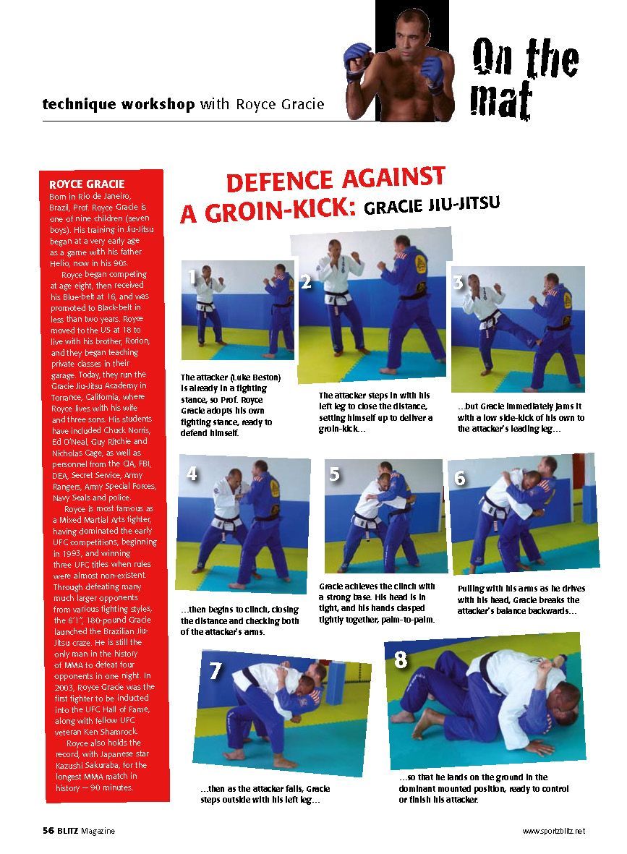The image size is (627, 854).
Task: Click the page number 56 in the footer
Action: tap(47, 831)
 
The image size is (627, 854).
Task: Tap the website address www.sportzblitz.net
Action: tap(553, 831)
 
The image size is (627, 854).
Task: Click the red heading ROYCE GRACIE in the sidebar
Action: tap(86, 184)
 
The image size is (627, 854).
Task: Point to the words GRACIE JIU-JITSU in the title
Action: tap(432, 205)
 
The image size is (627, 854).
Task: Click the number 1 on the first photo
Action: tap(192, 276)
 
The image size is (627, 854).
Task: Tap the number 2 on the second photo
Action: tap(306, 282)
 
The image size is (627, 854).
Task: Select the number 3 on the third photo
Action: tap(457, 282)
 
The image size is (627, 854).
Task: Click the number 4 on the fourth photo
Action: tap(192, 474)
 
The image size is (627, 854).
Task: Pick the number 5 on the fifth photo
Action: tap(334, 474)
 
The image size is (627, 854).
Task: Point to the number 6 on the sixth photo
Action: tap(460, 478)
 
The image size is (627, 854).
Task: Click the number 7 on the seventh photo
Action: tap(215, 671)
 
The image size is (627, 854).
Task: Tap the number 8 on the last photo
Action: tap(401, 659)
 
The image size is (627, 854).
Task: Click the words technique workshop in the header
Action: tap(118, 104)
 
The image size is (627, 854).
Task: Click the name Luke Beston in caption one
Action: tap(255, 377)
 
